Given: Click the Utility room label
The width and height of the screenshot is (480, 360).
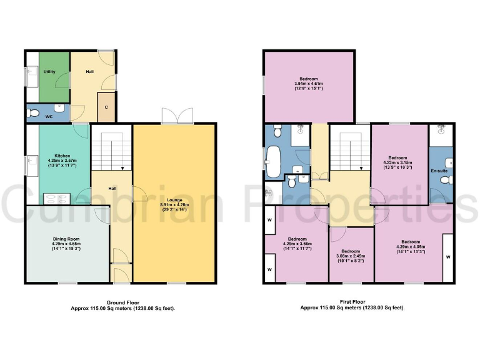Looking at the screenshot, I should [49, 72].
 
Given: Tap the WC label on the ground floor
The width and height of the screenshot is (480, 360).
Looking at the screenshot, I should [48, 116].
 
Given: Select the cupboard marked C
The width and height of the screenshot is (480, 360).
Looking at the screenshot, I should [106, 107].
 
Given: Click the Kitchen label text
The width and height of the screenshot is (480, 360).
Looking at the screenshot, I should [62, 156].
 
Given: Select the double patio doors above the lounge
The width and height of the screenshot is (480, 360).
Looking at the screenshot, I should [177, 116].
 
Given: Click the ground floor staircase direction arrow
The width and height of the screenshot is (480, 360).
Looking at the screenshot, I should [122, 167].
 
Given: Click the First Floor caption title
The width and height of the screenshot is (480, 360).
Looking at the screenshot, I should [352, 301].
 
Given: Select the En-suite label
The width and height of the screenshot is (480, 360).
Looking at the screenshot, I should [439, 170].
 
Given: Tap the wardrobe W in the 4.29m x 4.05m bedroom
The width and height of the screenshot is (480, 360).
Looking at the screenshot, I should [447, 257].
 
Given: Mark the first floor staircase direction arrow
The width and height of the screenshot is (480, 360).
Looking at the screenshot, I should [361, 167].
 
